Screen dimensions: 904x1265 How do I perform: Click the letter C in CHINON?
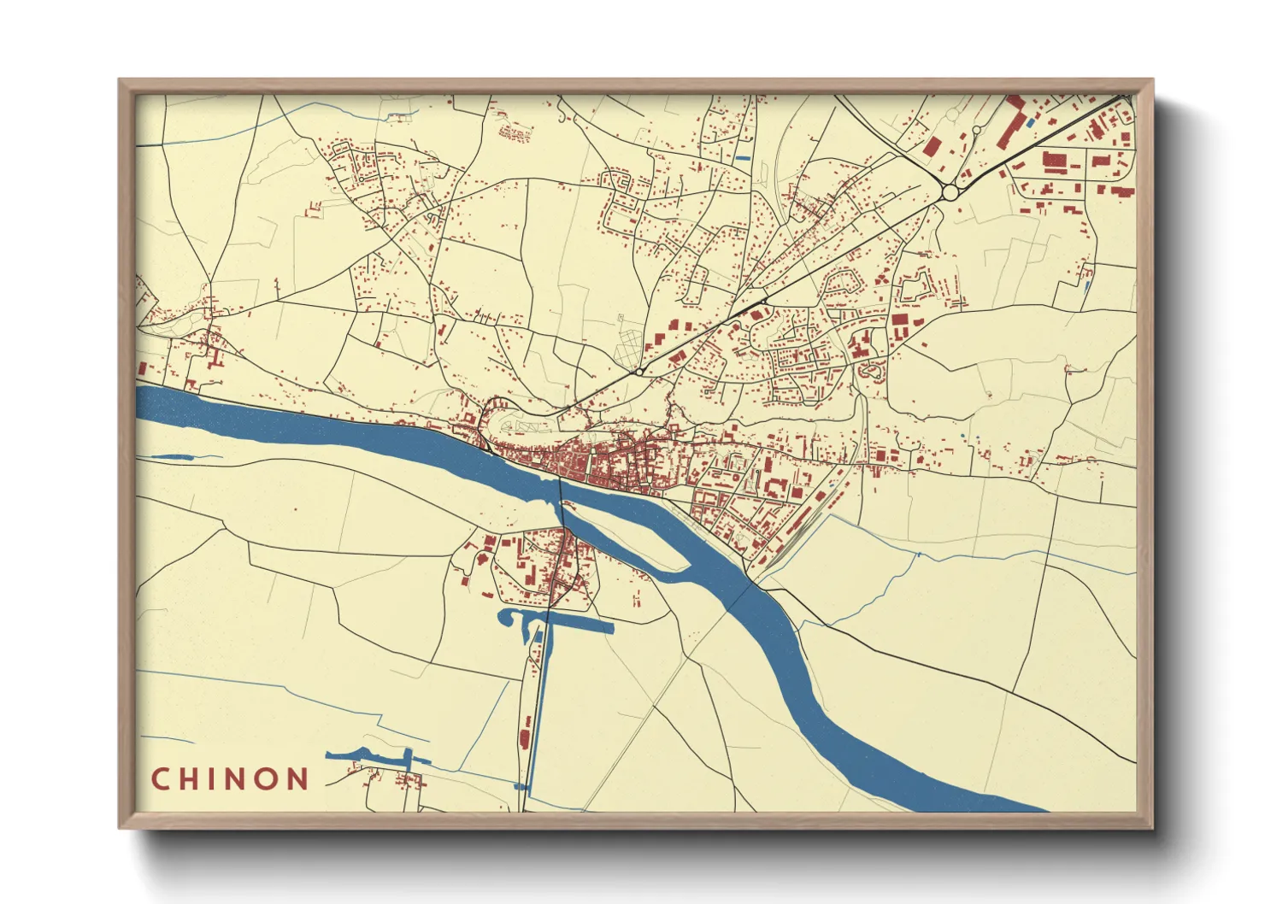click(x=160, y=779)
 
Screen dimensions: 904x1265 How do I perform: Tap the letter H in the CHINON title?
click(x=191, y=779)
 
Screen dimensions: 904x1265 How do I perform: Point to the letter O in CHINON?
click(x=266, y=779)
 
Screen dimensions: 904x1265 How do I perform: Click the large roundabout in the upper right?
click(x=950, y=193)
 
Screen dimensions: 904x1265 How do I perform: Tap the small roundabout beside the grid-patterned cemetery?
click(x=638, y=373)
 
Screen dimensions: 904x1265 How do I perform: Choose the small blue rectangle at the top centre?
click(x=742, y=158)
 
